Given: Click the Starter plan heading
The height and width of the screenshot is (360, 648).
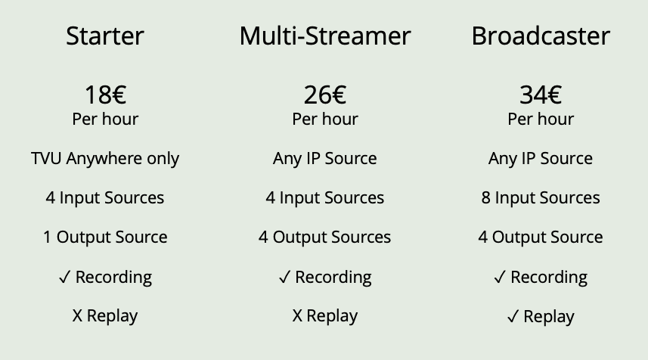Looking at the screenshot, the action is (x=105, y=36).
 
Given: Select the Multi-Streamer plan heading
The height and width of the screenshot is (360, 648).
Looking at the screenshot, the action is (x=325, y=36).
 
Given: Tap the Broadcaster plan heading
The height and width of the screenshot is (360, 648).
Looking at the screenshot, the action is (x=541, y=36).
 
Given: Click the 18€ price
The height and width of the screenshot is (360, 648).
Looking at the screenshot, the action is (x=105, y=95).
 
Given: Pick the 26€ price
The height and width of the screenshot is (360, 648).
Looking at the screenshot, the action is (x=325, y=95).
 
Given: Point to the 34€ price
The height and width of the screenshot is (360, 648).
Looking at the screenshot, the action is (x=541, y=95).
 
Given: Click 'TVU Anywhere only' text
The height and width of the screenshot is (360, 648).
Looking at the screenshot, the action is (x=105, y=159).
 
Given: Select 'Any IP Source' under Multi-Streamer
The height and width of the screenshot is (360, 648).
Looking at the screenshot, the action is (x=325, y=159).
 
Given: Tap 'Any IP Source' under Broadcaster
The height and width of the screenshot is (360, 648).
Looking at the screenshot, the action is (x=541, y=159).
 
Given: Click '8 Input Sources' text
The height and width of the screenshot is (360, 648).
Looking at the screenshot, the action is (x=541, y=198).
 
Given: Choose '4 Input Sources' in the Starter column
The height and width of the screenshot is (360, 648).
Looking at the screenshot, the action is (x=105, y=198).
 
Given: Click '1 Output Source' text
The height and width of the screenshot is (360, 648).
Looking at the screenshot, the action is (x=105, y=237).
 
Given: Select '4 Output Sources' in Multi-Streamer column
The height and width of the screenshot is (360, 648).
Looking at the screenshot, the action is (x=325, y=237).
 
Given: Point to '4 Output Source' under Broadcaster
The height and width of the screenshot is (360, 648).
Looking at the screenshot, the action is (x=541, y=237).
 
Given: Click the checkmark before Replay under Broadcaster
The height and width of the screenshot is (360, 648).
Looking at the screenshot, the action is (x=513, y=317).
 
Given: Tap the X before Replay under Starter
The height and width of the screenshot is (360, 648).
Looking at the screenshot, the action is (x=77, y=316).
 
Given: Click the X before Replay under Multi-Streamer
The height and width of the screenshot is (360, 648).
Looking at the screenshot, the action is (x=297, y=316).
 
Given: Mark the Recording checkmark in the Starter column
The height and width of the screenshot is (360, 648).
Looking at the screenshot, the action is (x=64, y=277).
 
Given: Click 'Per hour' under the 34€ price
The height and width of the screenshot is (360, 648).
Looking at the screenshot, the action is (x=541, y=119).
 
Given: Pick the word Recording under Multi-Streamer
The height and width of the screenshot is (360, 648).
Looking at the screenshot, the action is (x=333, y=278).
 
